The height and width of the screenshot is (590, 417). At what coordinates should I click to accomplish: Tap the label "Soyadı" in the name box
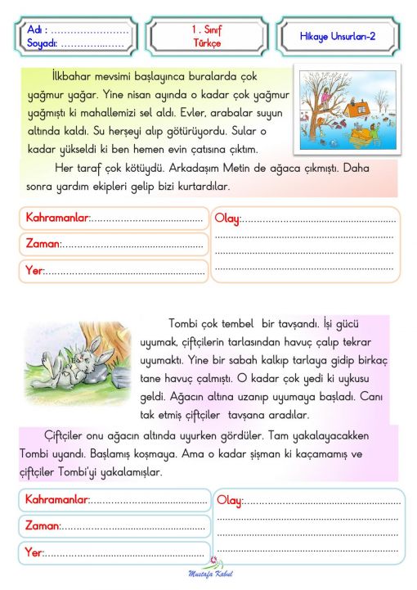click(x=42, y=43)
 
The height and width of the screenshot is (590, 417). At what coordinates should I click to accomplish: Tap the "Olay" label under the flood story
click(x=227, y=218)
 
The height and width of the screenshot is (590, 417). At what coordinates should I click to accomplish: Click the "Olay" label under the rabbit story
click(x=230, y=500)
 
